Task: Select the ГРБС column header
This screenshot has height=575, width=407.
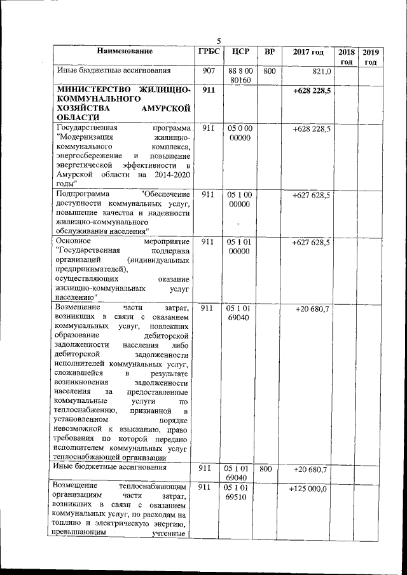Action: pyautogui.click(x=207, y=51)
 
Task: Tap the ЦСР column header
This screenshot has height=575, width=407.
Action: pyautogui.click(x=239, y=51)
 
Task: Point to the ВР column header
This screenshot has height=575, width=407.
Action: pyautogui.click(x=269, y=51)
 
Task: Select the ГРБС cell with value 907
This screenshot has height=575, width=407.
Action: pyautogui.click(x=207, y=71)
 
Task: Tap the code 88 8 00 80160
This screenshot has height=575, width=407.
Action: pyautogui.click(x=239, y=76)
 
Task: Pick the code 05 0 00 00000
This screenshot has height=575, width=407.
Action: pyautogui.click(x=239, y=133)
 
